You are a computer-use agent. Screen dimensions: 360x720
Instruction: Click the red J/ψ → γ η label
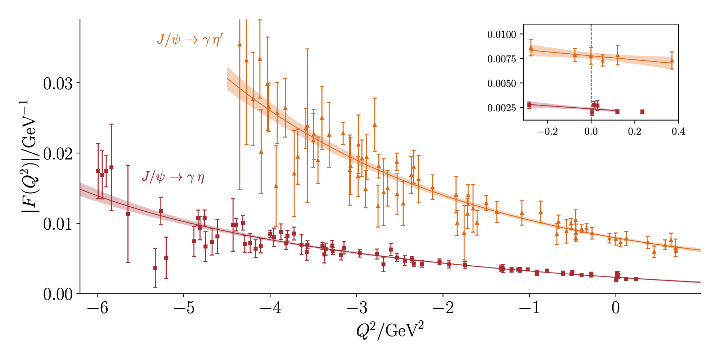point(173,177)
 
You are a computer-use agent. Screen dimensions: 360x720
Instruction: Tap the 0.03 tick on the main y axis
point(58,84)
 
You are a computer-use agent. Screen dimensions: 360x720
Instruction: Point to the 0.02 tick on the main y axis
point(58,154)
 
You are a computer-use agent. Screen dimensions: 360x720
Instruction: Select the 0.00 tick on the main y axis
point(58,294)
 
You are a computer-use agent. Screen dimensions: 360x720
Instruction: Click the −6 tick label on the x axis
point(98,308)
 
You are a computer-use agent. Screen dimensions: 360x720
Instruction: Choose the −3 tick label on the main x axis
point(357,308)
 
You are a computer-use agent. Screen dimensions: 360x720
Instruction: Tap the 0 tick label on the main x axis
point(616,308)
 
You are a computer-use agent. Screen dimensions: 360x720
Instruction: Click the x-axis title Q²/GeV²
point(390,330)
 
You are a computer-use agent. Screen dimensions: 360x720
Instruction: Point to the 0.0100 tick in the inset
point(501,35)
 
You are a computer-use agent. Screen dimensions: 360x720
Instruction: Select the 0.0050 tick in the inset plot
point(501,84)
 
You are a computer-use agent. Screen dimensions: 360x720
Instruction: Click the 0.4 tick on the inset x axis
point(678,131)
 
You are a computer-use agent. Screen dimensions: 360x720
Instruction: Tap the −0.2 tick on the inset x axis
point(547,131)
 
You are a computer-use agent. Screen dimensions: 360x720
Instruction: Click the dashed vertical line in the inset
point(591,72)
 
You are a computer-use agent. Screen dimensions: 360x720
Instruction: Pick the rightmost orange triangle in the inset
point(672,61)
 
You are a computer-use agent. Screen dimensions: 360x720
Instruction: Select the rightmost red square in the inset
point(642,112)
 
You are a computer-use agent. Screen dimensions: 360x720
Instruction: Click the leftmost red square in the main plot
point(98,171)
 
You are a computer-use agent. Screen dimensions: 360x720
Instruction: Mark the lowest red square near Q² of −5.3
point(155,268)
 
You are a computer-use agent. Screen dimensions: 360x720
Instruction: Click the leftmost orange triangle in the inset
point(531,48)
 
